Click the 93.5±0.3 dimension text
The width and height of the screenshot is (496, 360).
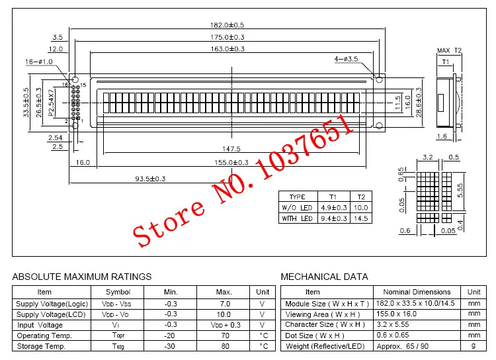pos(150,178)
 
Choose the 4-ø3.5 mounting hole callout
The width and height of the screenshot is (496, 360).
pos(346,60)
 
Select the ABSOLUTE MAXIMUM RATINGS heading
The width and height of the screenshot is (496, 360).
pos(82,277)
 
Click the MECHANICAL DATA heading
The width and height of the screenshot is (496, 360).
pos(325,277)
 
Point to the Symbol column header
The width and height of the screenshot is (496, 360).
pos(118,292)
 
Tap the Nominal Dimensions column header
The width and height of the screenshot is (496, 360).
pos(417,292)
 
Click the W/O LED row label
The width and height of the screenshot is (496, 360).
pos(298,207)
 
